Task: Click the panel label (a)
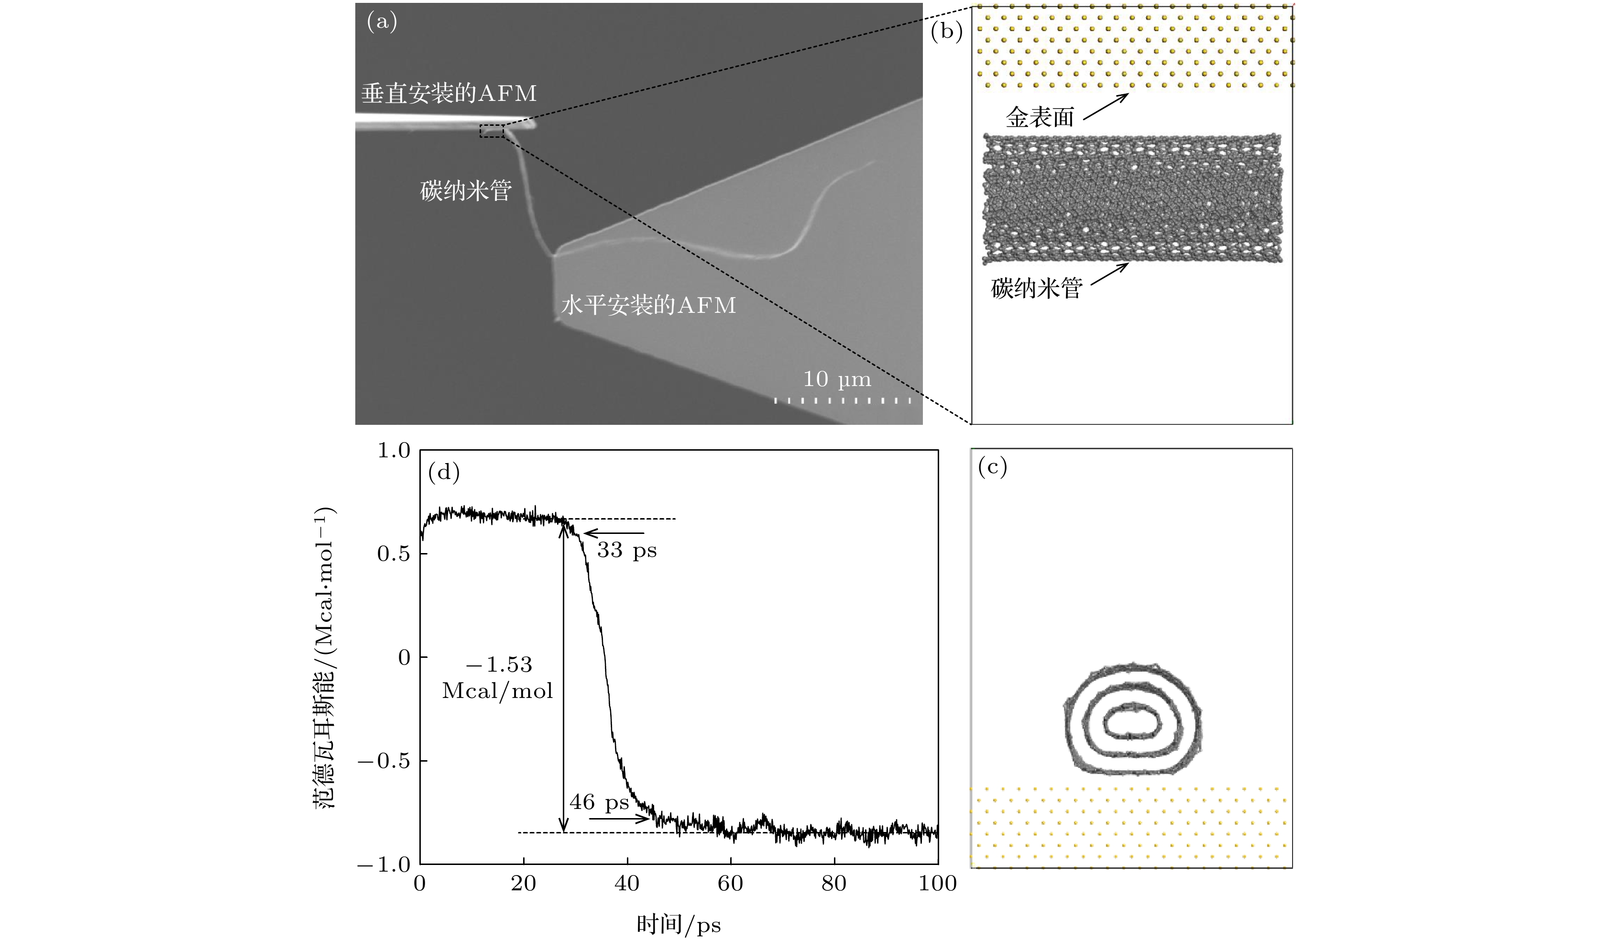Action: coord(382,23)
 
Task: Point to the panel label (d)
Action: coord(444,473)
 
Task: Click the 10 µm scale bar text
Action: coord(837,380)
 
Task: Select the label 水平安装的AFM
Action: coord(647,306)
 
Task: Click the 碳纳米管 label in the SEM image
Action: coord(465,190)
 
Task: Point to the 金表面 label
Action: coord(1040,117)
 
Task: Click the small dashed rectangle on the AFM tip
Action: coord(492,132)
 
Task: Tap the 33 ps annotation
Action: coord(627,550)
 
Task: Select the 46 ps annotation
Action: coord(599,802)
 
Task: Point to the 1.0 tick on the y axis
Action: coord(395,450)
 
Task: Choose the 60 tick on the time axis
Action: coord(731,884)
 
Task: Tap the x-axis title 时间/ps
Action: coord(679,925)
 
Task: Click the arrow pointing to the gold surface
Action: coord(1106,107)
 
